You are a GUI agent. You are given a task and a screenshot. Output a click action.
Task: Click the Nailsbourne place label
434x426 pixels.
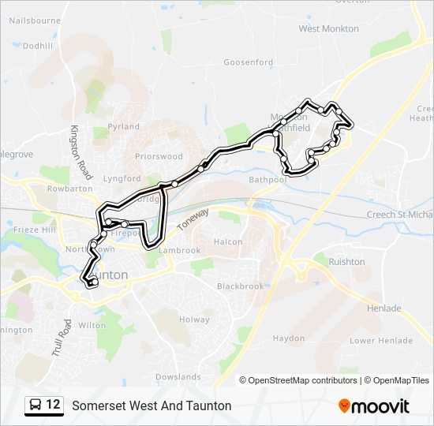(34, 21)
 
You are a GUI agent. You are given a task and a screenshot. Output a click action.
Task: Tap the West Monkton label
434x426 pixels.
(328, 28)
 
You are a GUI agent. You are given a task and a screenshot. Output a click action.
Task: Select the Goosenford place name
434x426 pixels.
(247, 62)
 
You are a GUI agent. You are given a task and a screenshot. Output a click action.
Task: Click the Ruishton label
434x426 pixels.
(346, 261)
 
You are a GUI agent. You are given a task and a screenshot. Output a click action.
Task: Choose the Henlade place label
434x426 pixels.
(384, 308)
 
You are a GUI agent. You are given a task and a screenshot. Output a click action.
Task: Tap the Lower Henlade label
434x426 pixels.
(381, 341)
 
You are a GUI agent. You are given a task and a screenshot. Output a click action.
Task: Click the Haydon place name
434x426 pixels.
(288, 338)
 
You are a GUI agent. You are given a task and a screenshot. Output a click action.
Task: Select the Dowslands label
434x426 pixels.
(178, 377)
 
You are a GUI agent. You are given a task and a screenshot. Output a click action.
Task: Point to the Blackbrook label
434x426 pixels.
(241, 286)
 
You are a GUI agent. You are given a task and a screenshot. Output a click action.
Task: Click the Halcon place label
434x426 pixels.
(228, 241)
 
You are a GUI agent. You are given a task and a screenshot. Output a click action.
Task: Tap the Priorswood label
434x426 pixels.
(159, 156)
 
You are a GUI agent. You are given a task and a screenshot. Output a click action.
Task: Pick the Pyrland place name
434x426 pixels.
(123, 126)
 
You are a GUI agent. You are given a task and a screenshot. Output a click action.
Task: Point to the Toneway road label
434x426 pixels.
(193, 219)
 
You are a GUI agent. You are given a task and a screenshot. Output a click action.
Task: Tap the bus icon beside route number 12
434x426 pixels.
(36, 405)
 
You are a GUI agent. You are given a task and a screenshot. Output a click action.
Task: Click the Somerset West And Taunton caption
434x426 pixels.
(152, 405)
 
